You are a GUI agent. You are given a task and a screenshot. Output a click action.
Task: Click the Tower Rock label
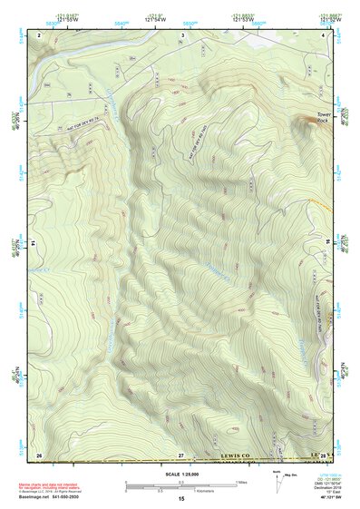[324, 117]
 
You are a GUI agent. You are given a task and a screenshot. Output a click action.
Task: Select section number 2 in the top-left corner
[40, 34]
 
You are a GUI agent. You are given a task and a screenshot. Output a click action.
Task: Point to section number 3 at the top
[182, 34]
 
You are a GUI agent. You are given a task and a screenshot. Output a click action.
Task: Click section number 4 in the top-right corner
[325, 34]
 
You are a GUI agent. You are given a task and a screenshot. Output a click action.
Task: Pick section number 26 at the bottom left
[39, 453]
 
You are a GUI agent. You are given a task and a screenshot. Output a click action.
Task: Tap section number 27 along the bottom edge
[180, 453]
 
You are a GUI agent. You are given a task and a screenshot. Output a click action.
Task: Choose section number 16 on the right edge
[328, 243]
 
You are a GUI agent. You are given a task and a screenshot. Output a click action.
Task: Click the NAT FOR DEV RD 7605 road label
[203, 142]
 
